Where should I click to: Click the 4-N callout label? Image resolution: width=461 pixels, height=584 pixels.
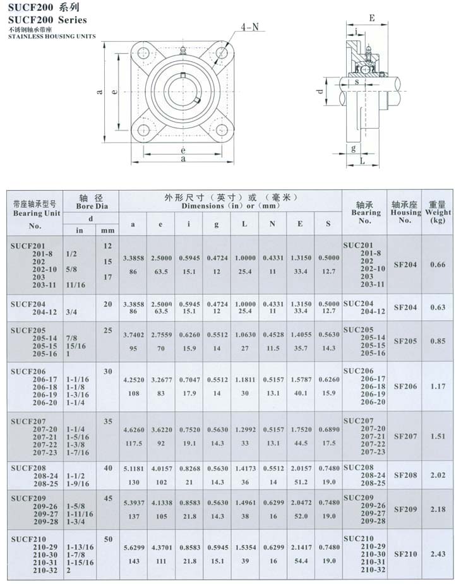tap(249, 28)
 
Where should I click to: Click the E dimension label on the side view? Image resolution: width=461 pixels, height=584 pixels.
tap(372, 18)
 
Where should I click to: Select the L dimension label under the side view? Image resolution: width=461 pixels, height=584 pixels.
tap(362, 162)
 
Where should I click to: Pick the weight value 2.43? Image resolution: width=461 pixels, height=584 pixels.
tap(438, 554)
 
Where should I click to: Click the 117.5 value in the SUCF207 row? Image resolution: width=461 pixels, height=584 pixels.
tap(132, 443)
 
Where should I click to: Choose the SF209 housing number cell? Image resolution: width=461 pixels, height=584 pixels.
tap(405, 509)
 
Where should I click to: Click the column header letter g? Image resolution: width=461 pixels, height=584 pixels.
tap(217, 224)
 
